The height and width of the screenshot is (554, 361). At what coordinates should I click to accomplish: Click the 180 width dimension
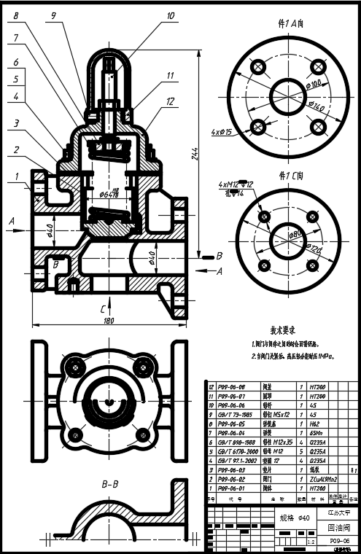[109, 320]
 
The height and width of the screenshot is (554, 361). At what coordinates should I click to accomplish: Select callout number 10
[170, 14]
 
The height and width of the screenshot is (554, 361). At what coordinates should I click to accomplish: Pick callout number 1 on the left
[16, 176]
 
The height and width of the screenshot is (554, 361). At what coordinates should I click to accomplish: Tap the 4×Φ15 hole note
[221, 132]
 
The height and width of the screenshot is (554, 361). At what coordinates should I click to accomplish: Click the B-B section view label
[110, 483]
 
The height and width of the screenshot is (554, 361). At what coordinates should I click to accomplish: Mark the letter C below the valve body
[101, 309]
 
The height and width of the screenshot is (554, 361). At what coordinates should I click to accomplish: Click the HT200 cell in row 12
[317, 387]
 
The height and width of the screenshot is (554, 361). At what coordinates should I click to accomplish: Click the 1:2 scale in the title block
[312, 542]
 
